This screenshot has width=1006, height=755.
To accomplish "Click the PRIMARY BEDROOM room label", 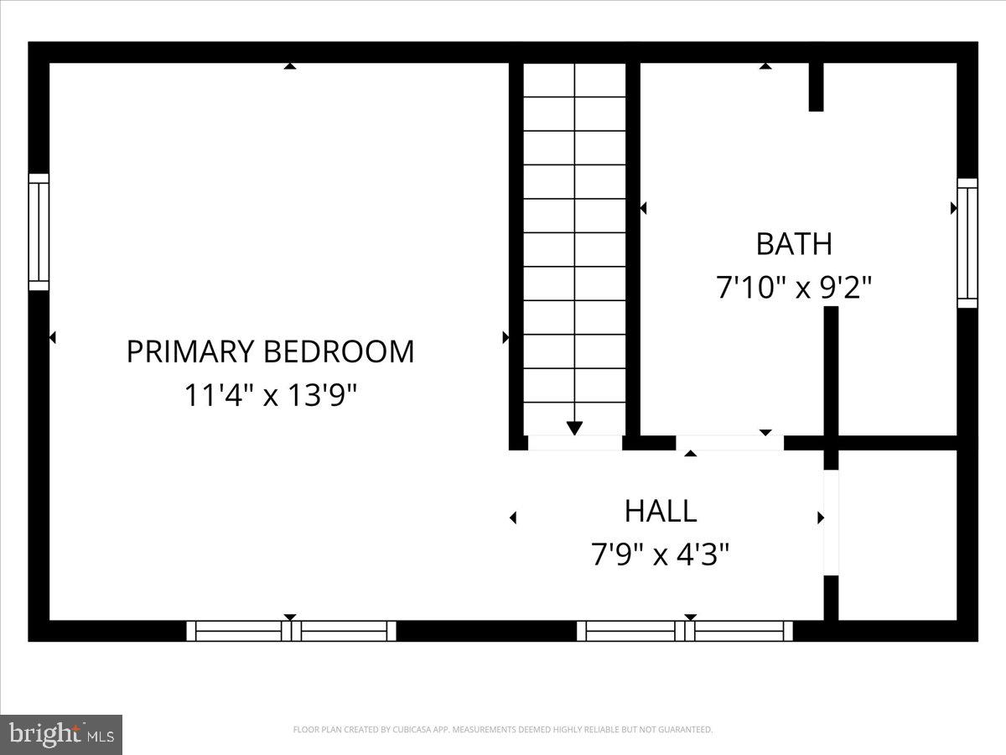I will pos(270,351).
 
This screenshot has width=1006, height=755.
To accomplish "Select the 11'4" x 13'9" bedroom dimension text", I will pos(270,394).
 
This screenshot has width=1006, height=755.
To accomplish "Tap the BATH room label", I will pos(793,244).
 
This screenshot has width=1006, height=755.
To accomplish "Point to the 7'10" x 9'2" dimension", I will pos(793,288).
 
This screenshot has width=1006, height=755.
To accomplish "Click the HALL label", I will pos(660,511).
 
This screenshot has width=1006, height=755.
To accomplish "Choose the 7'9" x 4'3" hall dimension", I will pos(660,555).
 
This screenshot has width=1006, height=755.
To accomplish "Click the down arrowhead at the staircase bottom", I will pos(574,428).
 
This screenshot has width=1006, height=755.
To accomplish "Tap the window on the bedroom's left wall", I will pos(39,232).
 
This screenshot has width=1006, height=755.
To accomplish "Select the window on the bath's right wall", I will pos(967,242).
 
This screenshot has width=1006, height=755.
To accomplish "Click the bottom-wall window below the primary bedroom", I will pos(291,631).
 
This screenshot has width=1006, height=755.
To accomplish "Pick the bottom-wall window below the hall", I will pos(684,631).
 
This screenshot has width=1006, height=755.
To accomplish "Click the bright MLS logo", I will pos(61,734).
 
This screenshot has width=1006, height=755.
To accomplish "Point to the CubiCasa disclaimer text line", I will pos(502,730).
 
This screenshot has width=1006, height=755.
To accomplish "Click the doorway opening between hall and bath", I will pos(729,443).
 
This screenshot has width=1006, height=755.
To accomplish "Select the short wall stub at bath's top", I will pos(816,86).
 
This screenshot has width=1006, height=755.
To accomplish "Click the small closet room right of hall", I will pos(897,535).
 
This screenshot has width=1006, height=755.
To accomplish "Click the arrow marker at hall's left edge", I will pos(513,518).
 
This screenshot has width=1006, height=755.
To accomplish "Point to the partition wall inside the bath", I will pos(831,369).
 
